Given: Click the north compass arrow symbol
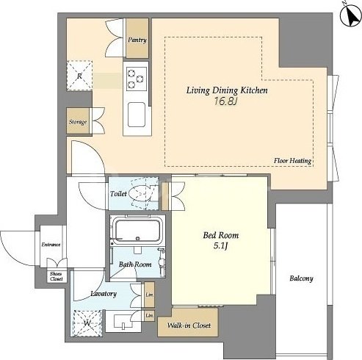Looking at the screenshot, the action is [x=351, y=15].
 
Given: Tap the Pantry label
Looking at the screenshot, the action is [x=137, y=40].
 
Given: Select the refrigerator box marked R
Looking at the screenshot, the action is [x=79, y=76].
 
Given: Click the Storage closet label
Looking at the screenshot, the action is [x=78, y=122].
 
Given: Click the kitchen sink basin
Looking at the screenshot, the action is [x=137, y=115].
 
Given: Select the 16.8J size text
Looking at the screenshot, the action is [x=226, y=101].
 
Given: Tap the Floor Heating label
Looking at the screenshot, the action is [x=292, y=161].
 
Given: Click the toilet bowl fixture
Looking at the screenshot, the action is [x=141, y=193].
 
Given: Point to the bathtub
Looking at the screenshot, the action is [x=137, y=231].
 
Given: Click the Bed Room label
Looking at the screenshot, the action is [x=221, y=235].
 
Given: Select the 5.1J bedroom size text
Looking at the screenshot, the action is [x=220, y=245].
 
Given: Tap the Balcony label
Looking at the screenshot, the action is [x=301, y=278].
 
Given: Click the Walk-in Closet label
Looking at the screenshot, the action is [x=189, y=325].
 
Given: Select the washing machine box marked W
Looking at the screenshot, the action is [x=87, y=323].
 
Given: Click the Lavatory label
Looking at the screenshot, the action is [x=104, y=294].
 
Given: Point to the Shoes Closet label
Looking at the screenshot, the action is [x=57, y=276].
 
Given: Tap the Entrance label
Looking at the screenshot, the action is [x=51, y=245].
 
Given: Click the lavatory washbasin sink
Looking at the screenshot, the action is [x=123, y=321].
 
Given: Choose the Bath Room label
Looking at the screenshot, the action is [x=135, y=264].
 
